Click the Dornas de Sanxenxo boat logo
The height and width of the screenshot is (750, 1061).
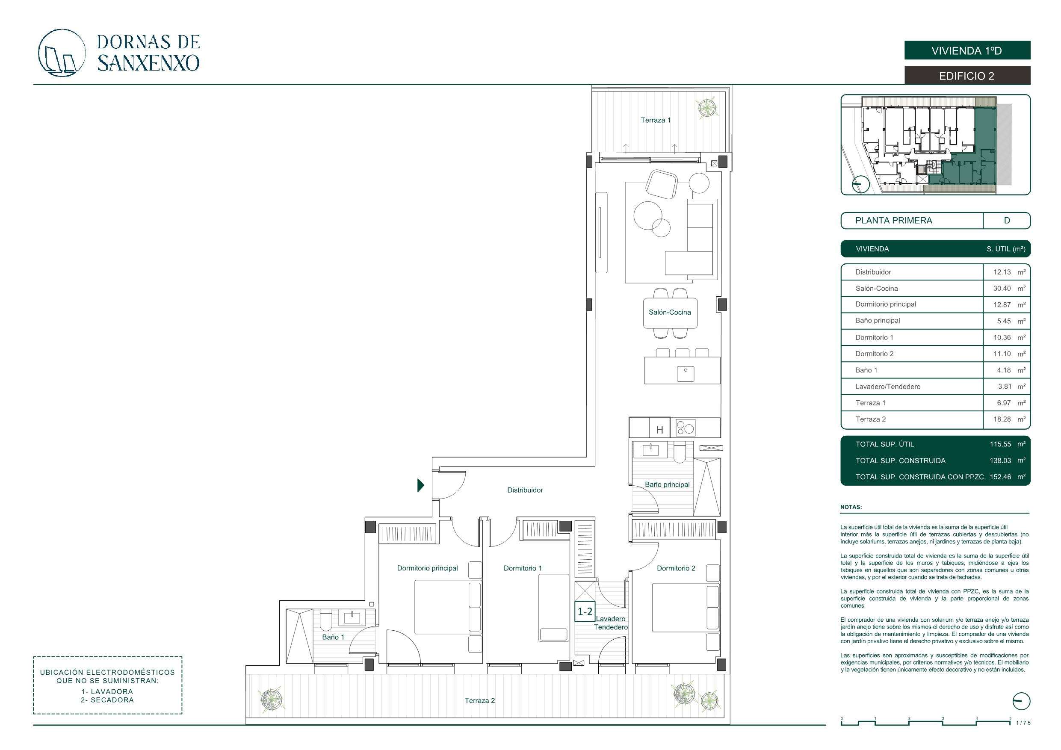(x=62, y=53)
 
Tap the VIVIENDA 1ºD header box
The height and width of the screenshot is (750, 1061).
(x=967, y=50)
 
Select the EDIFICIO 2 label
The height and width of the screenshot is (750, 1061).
(x=967, y=76)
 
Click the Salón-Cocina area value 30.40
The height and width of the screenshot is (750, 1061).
(x=1002, y=288)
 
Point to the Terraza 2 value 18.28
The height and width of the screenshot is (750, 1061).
(x=1002, y=419)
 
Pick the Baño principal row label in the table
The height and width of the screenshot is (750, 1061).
(x=878, y=321)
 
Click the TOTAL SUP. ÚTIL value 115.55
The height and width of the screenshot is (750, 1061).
(x=1000, y=444)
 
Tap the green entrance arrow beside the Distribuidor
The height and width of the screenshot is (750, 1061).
(x=420, y=485)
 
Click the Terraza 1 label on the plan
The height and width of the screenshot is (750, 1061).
(x=655, y=120)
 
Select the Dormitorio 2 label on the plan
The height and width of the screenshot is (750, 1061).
(x=676, y=568)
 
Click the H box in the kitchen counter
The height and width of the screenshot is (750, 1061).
(x=660, y=428)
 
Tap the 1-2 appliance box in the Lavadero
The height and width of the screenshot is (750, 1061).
(x=585, y=612)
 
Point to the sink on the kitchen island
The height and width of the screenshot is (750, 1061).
(x=685, y=373)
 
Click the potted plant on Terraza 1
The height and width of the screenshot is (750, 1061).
(x=706, y=108)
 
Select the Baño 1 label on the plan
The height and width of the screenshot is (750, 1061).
(x=333, y=637)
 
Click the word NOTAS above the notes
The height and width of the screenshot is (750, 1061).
(x=851, y=507)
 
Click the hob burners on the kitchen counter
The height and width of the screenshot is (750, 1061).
(x=685, y=428)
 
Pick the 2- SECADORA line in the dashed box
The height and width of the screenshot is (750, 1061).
(x=107, y=700)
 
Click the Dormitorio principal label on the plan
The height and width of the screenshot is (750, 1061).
(x=428, y=568)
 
